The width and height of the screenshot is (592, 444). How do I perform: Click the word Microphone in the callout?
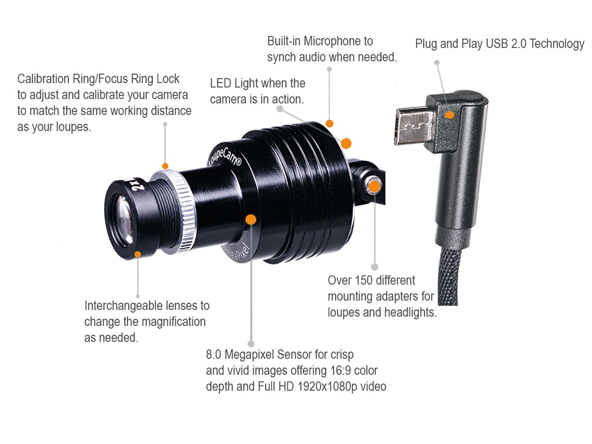338,41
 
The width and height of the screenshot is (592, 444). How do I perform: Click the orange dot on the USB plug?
450,115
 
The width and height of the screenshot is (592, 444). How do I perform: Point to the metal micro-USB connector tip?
412,127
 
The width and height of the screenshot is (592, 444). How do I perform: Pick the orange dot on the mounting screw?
375,186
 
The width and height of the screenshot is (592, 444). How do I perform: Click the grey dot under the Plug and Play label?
437,62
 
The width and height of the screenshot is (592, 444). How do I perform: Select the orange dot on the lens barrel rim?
137,253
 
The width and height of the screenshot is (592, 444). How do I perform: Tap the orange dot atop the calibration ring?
165,166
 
